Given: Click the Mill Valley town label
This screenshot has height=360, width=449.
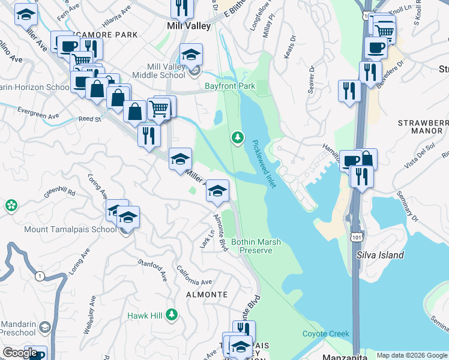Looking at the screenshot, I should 188,26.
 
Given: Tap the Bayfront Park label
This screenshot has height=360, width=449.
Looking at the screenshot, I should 230,86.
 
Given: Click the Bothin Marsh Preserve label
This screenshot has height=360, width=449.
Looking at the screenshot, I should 256,246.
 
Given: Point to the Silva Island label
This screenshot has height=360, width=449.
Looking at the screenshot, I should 380,255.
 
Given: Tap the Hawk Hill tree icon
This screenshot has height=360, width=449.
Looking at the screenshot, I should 172,314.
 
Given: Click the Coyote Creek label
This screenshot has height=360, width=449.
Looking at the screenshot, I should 322,334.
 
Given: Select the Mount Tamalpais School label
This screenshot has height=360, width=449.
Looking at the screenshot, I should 70,229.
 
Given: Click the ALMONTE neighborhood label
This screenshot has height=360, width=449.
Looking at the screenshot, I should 207,295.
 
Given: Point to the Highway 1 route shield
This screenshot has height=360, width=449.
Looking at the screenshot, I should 40,276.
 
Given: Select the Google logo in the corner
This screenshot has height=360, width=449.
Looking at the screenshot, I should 20,353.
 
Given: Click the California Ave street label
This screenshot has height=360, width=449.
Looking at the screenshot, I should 194,277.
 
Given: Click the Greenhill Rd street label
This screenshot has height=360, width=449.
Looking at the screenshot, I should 59,194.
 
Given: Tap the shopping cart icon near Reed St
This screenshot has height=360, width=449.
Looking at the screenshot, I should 159,109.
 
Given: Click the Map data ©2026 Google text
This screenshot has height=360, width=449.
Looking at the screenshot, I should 411,355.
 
